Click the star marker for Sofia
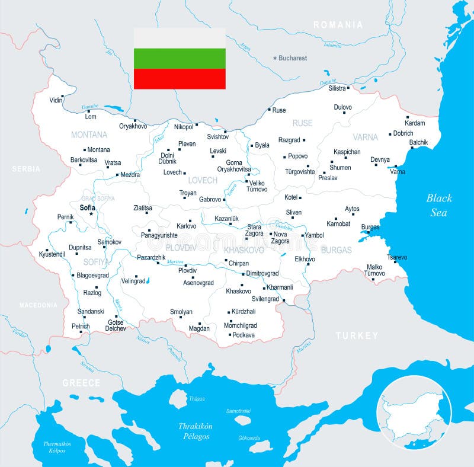pos(91,214)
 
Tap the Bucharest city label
pos(293,58)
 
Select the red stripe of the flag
pos(180,79)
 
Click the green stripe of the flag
pos(180,58)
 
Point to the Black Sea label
pos(439,205)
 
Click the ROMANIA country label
pos(338,25)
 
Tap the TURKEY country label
pos(357,335)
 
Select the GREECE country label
pos(82,383)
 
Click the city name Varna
pos(398,172)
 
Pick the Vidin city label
pos(56,100)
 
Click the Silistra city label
pos(337,88)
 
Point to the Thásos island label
pos(196,399)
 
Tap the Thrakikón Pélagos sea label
pos(195,431)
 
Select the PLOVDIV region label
pos(180,248)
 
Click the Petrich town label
pos(81,326)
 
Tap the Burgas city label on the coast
pos(370,227)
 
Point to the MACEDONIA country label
pos(39,305)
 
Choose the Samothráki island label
pos(239,411)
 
